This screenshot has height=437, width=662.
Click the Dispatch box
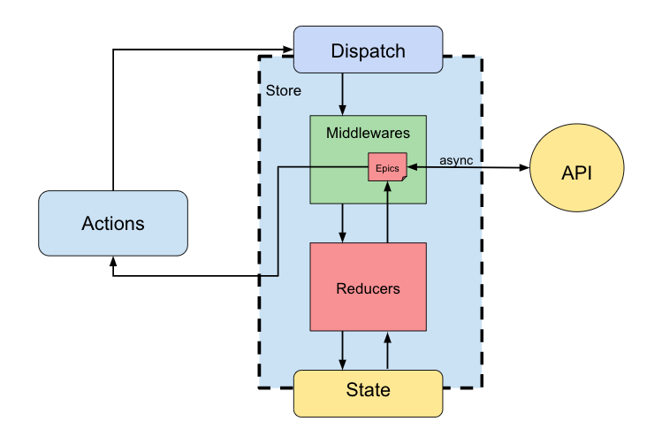368,50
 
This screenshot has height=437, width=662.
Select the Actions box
113,223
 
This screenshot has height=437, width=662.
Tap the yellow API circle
574,171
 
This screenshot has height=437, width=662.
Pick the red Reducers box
368,287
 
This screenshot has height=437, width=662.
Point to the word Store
284,90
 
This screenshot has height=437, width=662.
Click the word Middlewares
368,133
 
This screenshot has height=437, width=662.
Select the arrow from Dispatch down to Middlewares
342,94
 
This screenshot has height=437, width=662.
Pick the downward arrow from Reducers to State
342,350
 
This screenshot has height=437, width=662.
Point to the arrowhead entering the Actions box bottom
113,263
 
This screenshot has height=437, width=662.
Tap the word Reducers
368,288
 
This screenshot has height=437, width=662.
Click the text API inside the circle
574,172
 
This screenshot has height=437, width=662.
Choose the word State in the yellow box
368,390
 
